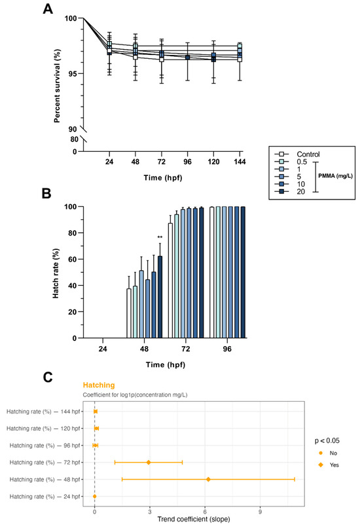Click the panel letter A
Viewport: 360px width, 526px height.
coord(48,9)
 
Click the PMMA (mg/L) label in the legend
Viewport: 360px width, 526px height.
coord(335,176)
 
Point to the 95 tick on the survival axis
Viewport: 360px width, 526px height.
coord(73,73)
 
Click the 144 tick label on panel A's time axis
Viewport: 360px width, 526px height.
coord(240,162)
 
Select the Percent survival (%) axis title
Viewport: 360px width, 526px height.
coord(57,86)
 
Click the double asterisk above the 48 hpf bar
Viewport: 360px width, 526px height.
coord(160,238)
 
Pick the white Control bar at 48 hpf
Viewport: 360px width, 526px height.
coord(129,313)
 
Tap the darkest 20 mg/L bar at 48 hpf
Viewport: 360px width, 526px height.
coord(160,297)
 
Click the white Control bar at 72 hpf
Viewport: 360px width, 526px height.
coord(170,281)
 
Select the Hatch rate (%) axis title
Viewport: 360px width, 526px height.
coord(56,273)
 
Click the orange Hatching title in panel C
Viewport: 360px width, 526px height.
coord(99,385)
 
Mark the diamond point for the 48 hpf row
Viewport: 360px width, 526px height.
coord(208,480)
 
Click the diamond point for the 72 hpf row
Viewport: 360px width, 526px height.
coord(149,463)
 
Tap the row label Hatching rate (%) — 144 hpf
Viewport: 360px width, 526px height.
coord(43,412)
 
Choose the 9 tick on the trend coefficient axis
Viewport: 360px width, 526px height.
coord(260,512)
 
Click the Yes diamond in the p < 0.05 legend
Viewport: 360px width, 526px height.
coord(321,465)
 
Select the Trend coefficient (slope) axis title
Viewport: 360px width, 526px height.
coord(194,519)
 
